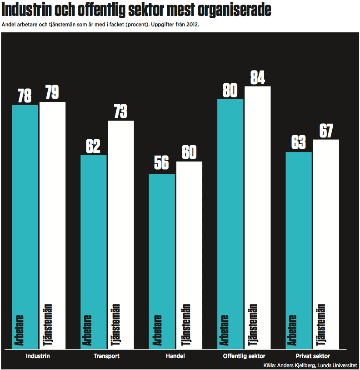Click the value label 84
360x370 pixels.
(x=258, y=78)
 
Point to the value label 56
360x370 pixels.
(x=162, y=163)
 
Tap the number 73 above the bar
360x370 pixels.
(x=120, y=112)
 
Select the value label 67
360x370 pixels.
(x=326, y=131)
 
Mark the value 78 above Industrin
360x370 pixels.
(x=25, y=96)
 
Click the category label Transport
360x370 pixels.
(x=106, y=356)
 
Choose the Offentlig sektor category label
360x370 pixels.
(x=244, y=356)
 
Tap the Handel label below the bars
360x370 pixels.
(x=175, y=356)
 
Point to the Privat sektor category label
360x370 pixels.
(x=312, y=356)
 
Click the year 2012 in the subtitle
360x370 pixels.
(x=191, y=25)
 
